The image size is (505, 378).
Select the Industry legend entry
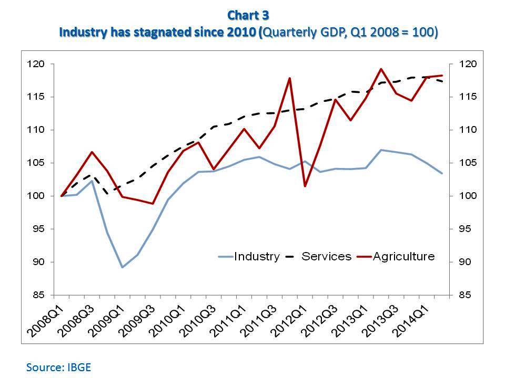tap(249, 256)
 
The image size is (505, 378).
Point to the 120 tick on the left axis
tap(39, 64)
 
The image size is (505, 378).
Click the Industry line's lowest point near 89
tap(123, 267)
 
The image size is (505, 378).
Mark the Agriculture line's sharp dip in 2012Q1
tap(305, 186)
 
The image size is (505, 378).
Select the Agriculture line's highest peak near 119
tap(381, 69)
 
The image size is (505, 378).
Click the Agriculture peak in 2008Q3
tap(93, 152)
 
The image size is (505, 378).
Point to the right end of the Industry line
tap(442, 173)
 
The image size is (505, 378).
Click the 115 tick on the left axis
tap(39, 97)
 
